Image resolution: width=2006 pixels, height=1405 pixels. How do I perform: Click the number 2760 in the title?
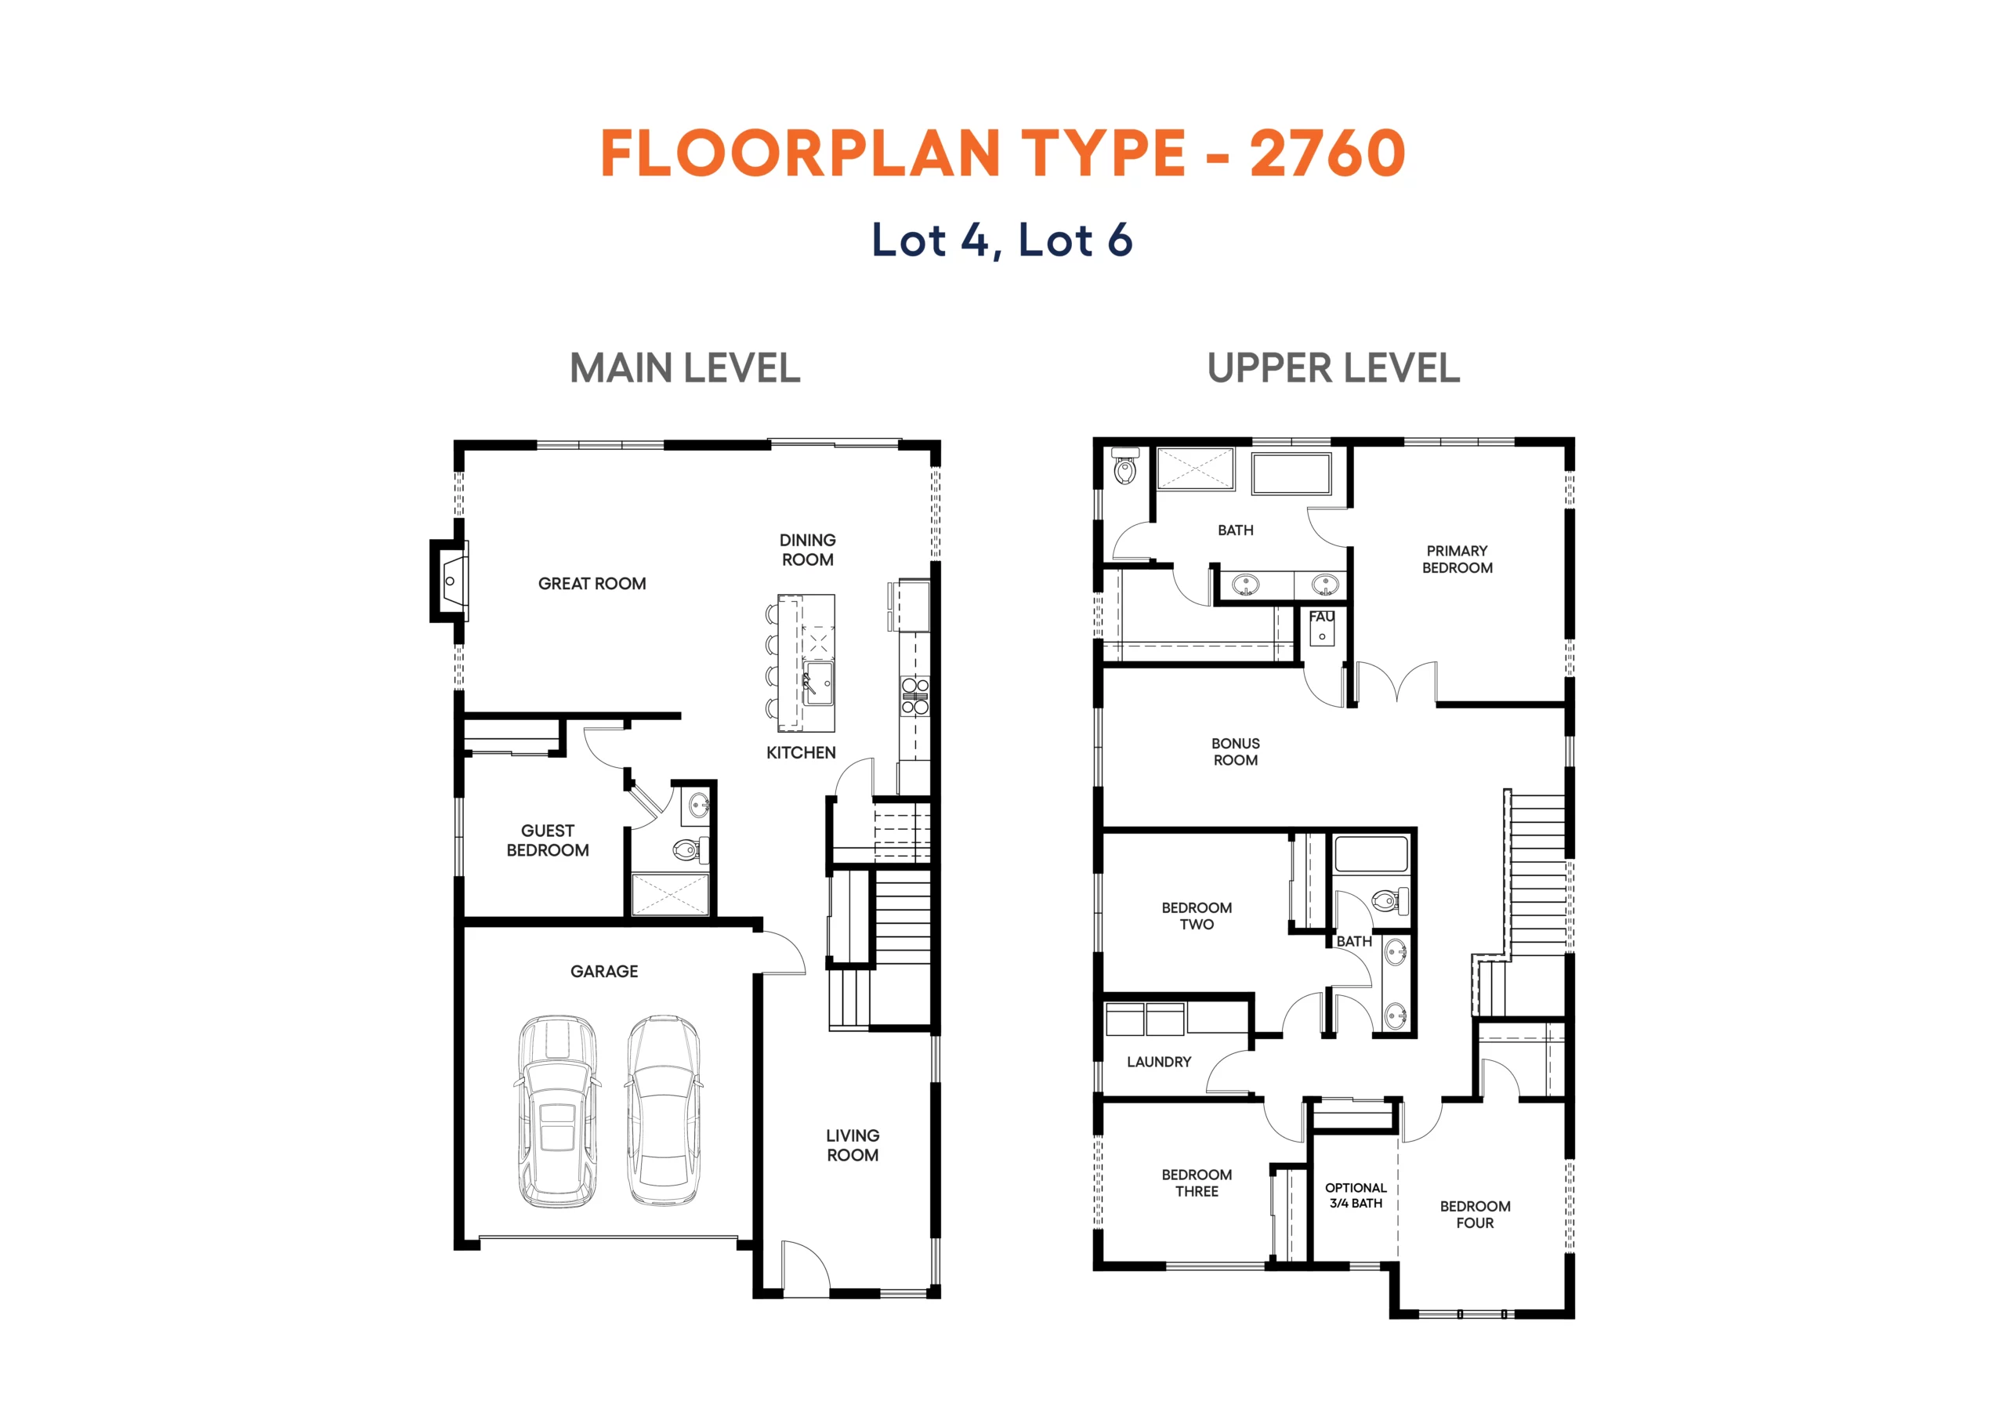point(1327,153)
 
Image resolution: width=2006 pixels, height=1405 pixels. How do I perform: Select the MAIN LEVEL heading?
point(685,368)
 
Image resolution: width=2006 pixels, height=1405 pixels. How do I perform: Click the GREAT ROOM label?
point(592,584)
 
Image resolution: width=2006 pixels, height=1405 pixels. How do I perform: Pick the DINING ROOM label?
point(807,549)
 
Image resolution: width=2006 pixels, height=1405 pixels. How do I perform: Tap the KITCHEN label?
point(801,752)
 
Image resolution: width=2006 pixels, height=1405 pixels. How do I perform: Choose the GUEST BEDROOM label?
point(548,841)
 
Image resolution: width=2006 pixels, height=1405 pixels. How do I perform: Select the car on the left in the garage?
point(557,1111)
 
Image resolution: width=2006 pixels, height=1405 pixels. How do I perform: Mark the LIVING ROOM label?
point(853,1145)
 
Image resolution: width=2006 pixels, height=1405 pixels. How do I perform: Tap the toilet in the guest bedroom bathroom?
point(690,849)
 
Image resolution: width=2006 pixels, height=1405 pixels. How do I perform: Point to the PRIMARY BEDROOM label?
point(1457,559)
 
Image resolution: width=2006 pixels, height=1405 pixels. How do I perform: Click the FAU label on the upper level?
point(1322,617)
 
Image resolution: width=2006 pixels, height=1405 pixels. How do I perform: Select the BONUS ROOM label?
point(1236,751)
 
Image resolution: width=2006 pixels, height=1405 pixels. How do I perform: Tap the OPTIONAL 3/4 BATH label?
point(1356,1195)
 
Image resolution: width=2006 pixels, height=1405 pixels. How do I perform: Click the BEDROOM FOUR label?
point(1475,1215)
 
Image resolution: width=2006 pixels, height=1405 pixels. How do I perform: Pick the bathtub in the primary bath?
point(1291,473)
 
